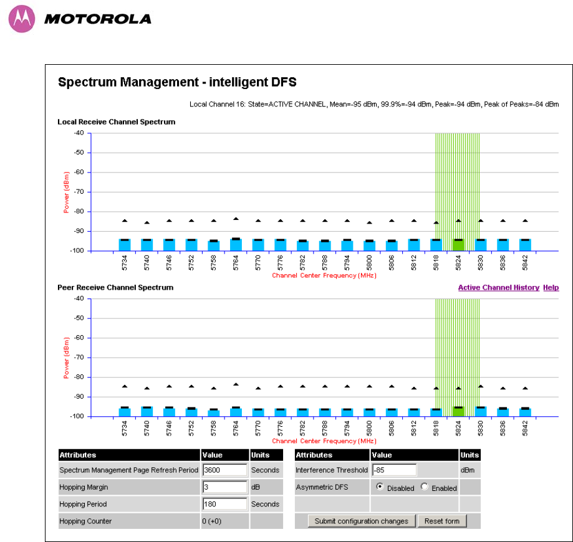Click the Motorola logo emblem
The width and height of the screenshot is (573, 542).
coord(21,19)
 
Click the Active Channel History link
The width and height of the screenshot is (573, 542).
coord(498,288)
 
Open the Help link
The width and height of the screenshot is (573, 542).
coord(551,288)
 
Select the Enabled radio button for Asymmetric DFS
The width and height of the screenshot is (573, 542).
coord(425,487)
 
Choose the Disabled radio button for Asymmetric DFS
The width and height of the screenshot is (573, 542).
coord(380,487)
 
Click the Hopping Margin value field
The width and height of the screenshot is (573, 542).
coord(224,487)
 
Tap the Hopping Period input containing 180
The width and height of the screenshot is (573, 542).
coord(224,503)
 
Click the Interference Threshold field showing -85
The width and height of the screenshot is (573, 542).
coord(393,470)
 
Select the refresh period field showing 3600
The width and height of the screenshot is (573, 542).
coord(224,470)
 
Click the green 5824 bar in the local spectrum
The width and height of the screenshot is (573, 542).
coord(458,245)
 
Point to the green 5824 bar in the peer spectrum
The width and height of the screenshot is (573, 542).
coord(458,411)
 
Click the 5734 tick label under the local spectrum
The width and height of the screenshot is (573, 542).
coord(125,262)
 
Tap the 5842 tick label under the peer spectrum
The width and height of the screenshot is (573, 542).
coord(525,427)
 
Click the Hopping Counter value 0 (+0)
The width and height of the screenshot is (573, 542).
coord(77,521)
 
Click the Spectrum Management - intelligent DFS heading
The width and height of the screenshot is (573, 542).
coord(176,82)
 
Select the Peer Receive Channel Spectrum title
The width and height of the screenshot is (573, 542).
coord(115,288)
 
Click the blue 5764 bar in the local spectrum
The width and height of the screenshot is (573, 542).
coord(236,245)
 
